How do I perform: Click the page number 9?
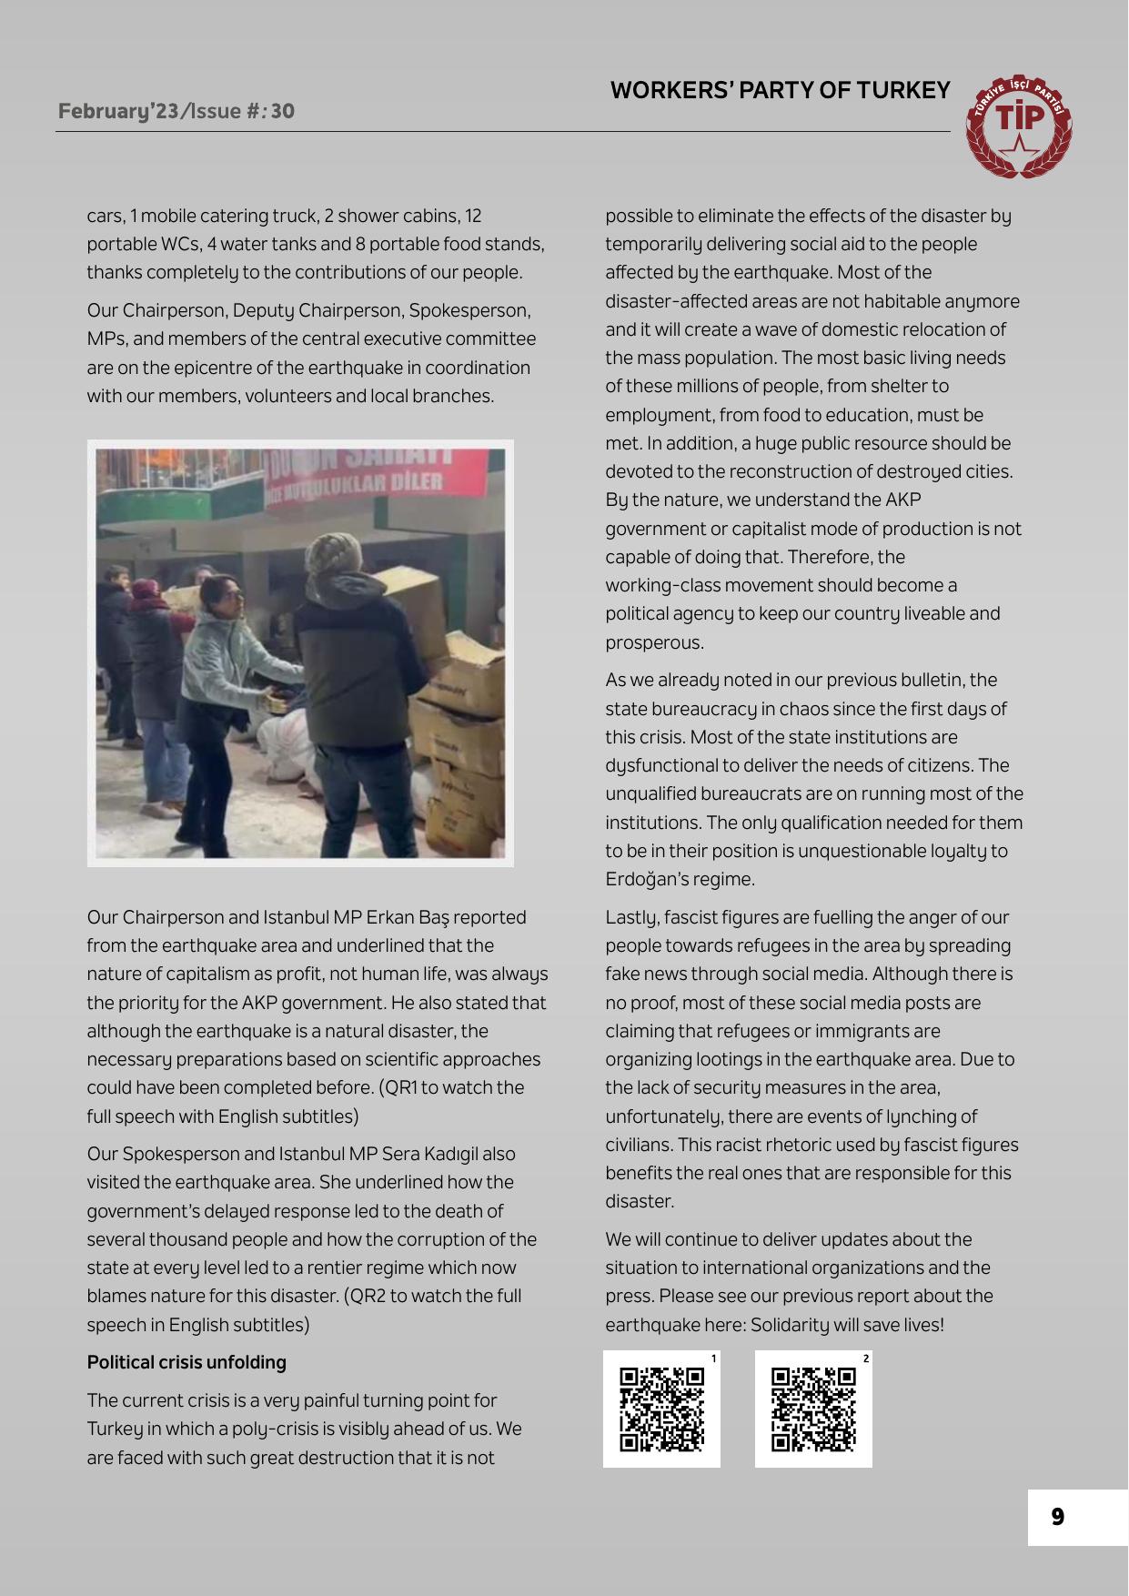tap(1057, 1517)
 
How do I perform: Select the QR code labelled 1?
tap(661, 1409)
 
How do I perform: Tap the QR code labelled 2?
tap(813, 1409)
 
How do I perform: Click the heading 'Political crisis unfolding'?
tap(186, 1362)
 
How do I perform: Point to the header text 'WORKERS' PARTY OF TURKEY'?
tap(780, 90)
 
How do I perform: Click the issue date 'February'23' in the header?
tap(118, 111)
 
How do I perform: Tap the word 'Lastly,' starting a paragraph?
tap(633, 917)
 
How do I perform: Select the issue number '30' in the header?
tap(282, 111)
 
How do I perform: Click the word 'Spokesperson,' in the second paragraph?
tap(469, 310)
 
